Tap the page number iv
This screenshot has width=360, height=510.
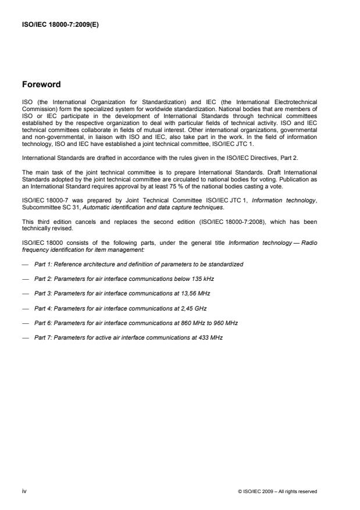click(24, 491)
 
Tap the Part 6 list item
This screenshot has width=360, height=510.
click(136, 322)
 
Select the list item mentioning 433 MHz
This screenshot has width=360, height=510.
click(129, 337)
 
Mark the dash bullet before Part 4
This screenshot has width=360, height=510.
click(26, 308)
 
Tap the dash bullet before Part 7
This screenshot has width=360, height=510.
click(26, 337)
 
